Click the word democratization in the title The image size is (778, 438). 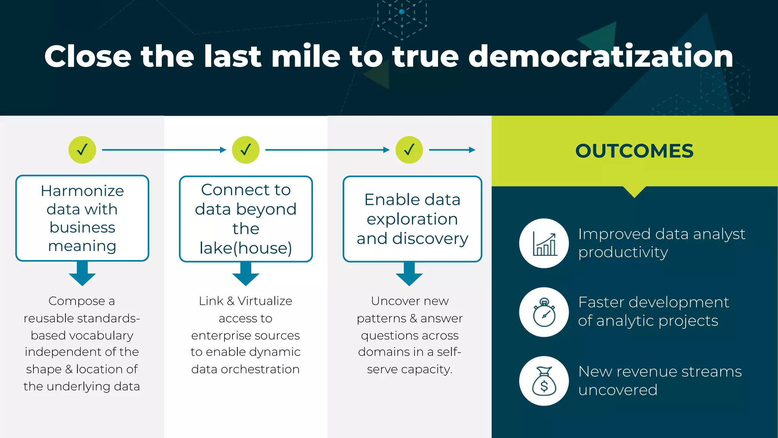600,56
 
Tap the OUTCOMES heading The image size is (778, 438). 634,151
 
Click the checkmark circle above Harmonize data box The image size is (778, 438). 82,150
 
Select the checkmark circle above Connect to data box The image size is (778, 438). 246,150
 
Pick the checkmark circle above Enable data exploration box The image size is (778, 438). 409,150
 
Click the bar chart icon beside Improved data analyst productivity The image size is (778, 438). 544,243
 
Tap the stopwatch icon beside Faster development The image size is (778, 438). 544,312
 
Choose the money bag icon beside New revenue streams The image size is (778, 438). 544,381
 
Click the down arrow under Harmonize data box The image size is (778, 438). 82,274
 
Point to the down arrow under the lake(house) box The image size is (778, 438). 246,274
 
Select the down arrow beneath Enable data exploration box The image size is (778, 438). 409,274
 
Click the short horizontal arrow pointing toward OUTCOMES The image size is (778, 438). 452,150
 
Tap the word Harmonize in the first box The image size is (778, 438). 82,191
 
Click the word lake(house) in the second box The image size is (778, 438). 246,248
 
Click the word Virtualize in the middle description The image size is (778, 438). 265,301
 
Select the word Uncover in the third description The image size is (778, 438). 391,301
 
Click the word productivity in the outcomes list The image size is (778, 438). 623,252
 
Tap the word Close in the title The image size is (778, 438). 88,56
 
